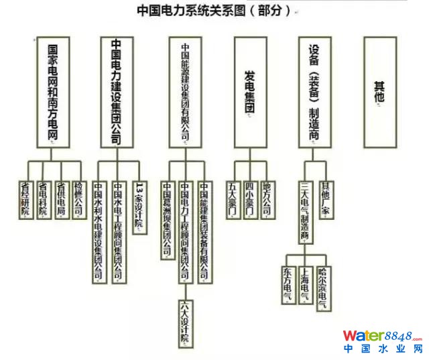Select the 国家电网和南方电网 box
click(x=54, y=92)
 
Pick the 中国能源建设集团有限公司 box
click(x=186, y=92)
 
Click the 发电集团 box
click(x=250, y=92)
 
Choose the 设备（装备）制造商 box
click(x=314, y=92)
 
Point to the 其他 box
click(x=379, y=92)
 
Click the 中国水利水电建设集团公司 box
click(x=99, y=232)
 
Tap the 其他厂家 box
click(x=326, y=198)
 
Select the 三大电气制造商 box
click(x=305, y=211)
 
